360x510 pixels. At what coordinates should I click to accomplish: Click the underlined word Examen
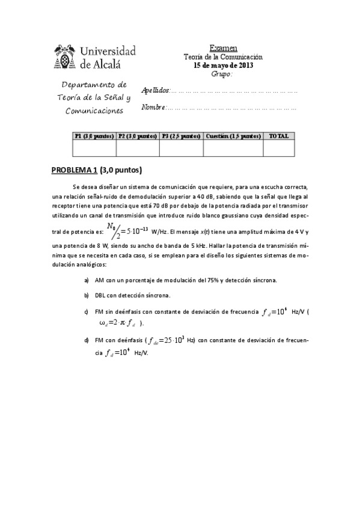(223, 48)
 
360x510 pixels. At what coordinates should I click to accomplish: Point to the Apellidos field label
(155, 90)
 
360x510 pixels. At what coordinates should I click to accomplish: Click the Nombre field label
(153, 108)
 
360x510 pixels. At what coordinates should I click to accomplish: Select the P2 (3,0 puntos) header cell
(138, 136)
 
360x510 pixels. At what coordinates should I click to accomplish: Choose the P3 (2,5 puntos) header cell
(181, 136)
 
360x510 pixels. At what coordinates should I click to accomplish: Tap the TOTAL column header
(278, 136)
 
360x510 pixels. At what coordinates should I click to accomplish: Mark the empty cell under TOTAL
(278, 147)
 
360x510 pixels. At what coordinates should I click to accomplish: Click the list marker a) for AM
(87, 280)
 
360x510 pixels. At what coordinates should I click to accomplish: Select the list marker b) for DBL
(87, 295)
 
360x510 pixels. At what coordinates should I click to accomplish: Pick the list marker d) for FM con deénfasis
(87, 340)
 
